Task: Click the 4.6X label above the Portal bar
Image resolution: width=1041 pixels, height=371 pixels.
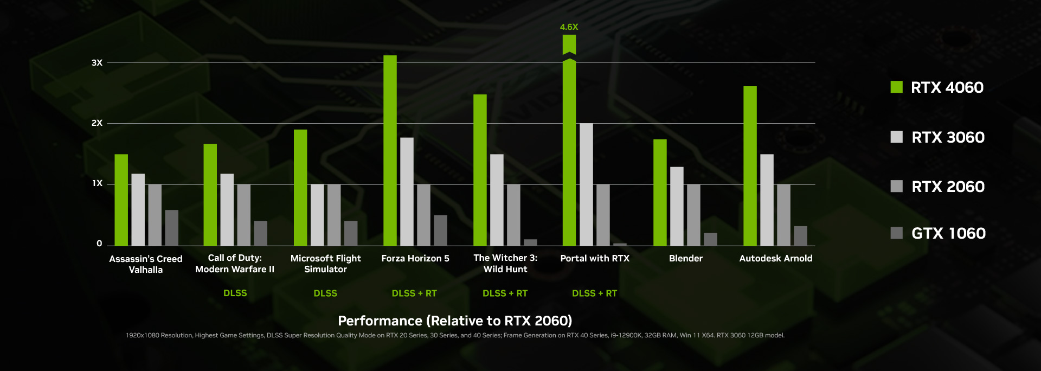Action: pos(569,27)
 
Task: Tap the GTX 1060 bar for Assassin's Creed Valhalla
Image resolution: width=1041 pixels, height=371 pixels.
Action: pos(171,228)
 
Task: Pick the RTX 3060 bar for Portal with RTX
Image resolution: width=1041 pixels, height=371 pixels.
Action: pos(586,184)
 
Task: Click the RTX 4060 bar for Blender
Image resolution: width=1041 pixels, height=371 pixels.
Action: pos(660,193)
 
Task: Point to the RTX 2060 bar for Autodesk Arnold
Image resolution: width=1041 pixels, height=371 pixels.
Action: pos(783,215)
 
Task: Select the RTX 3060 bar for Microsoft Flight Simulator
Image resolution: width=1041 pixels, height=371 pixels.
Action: pos(317,215)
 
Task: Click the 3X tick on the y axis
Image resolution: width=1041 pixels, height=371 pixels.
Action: pos(97,63)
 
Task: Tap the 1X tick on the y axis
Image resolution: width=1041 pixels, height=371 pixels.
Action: pos(97,183)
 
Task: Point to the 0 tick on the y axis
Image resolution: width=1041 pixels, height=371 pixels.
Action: pos(99,244)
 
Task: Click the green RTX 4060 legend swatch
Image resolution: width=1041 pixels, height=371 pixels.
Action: pos(896,87)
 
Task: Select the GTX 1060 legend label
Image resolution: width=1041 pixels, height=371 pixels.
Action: pos(948,233)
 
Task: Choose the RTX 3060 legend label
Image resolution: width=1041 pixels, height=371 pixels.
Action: pos(948,137)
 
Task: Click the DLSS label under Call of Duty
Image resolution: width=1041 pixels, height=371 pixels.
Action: pos(235,293)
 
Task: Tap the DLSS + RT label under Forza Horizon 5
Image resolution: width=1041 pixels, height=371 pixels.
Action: pos(414,293)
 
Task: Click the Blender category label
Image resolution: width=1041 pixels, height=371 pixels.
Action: pos(685,258)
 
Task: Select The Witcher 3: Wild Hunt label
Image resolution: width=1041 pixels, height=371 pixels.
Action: pos(505,264)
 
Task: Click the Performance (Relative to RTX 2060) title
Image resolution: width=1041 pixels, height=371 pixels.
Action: pos(455,321)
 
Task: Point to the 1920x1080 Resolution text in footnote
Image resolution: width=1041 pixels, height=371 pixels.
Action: pos(159,335)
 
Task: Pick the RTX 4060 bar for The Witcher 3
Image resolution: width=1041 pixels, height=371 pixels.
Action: pos(480,170)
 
